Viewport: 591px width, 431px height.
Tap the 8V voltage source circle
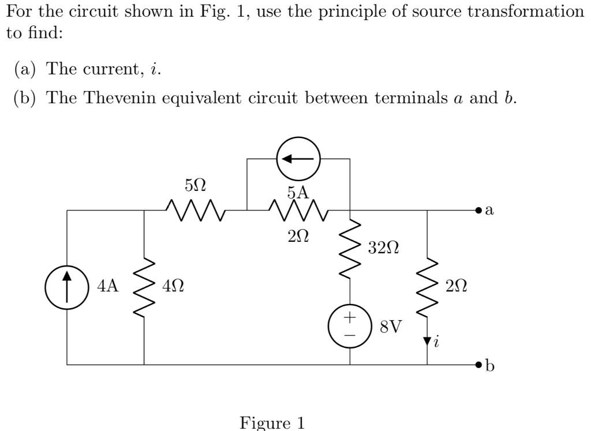coord(350,326)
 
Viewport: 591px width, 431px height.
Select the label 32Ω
coord(382,249)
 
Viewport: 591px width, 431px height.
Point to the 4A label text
coord(108,285)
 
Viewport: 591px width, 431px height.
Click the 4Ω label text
coord(174,285)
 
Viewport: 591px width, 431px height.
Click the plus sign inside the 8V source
coord(350,318)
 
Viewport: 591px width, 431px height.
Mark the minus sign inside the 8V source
coord(350,333)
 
